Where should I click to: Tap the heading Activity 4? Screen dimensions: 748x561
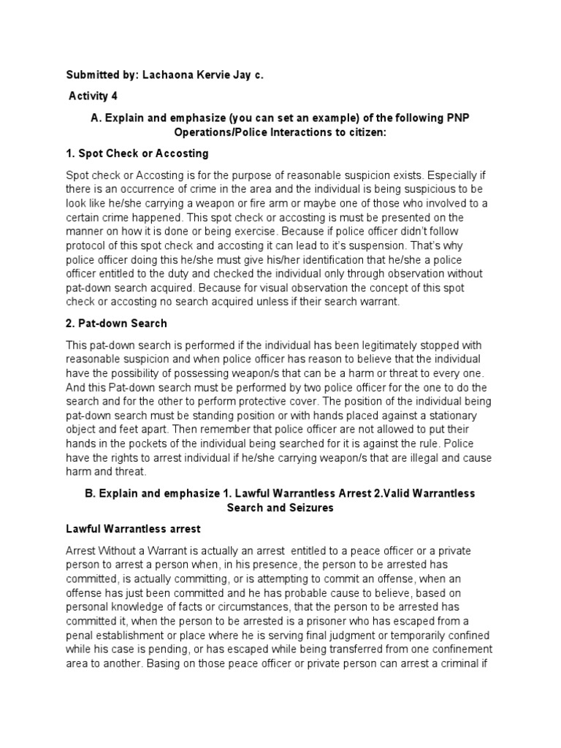click(93, 95)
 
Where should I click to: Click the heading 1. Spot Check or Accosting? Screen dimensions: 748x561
click(137, 153)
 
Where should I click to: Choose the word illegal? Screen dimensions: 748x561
click(409, 458)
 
